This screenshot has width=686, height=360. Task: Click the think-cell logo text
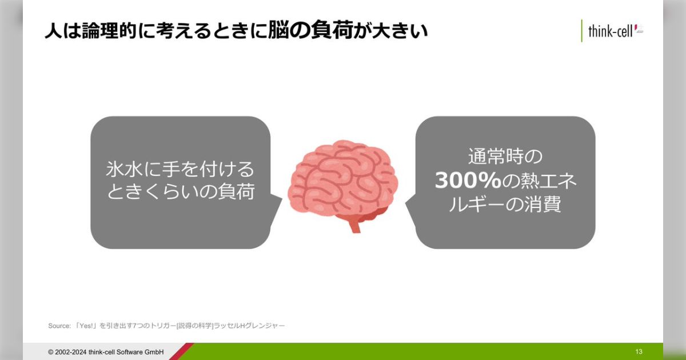[610, 31]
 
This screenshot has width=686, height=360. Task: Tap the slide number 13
[639, 352]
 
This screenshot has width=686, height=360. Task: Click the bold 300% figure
[468, 181]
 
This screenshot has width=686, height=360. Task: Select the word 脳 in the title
[279, 31]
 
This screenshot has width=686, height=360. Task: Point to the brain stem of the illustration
[355, 225]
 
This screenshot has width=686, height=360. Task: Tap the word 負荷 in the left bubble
[236, 191]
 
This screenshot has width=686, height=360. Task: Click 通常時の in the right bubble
[505, 157]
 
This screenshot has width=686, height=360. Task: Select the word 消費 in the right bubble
[543, 204]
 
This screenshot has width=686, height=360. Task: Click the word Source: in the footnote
[59, 326]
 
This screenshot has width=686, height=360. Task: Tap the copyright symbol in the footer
[51, 352]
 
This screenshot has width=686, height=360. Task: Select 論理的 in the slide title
[109, 31]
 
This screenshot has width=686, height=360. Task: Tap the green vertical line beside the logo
[581, 31]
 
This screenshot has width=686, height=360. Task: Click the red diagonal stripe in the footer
[181, 351]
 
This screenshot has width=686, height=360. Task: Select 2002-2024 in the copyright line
[71, 352]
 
